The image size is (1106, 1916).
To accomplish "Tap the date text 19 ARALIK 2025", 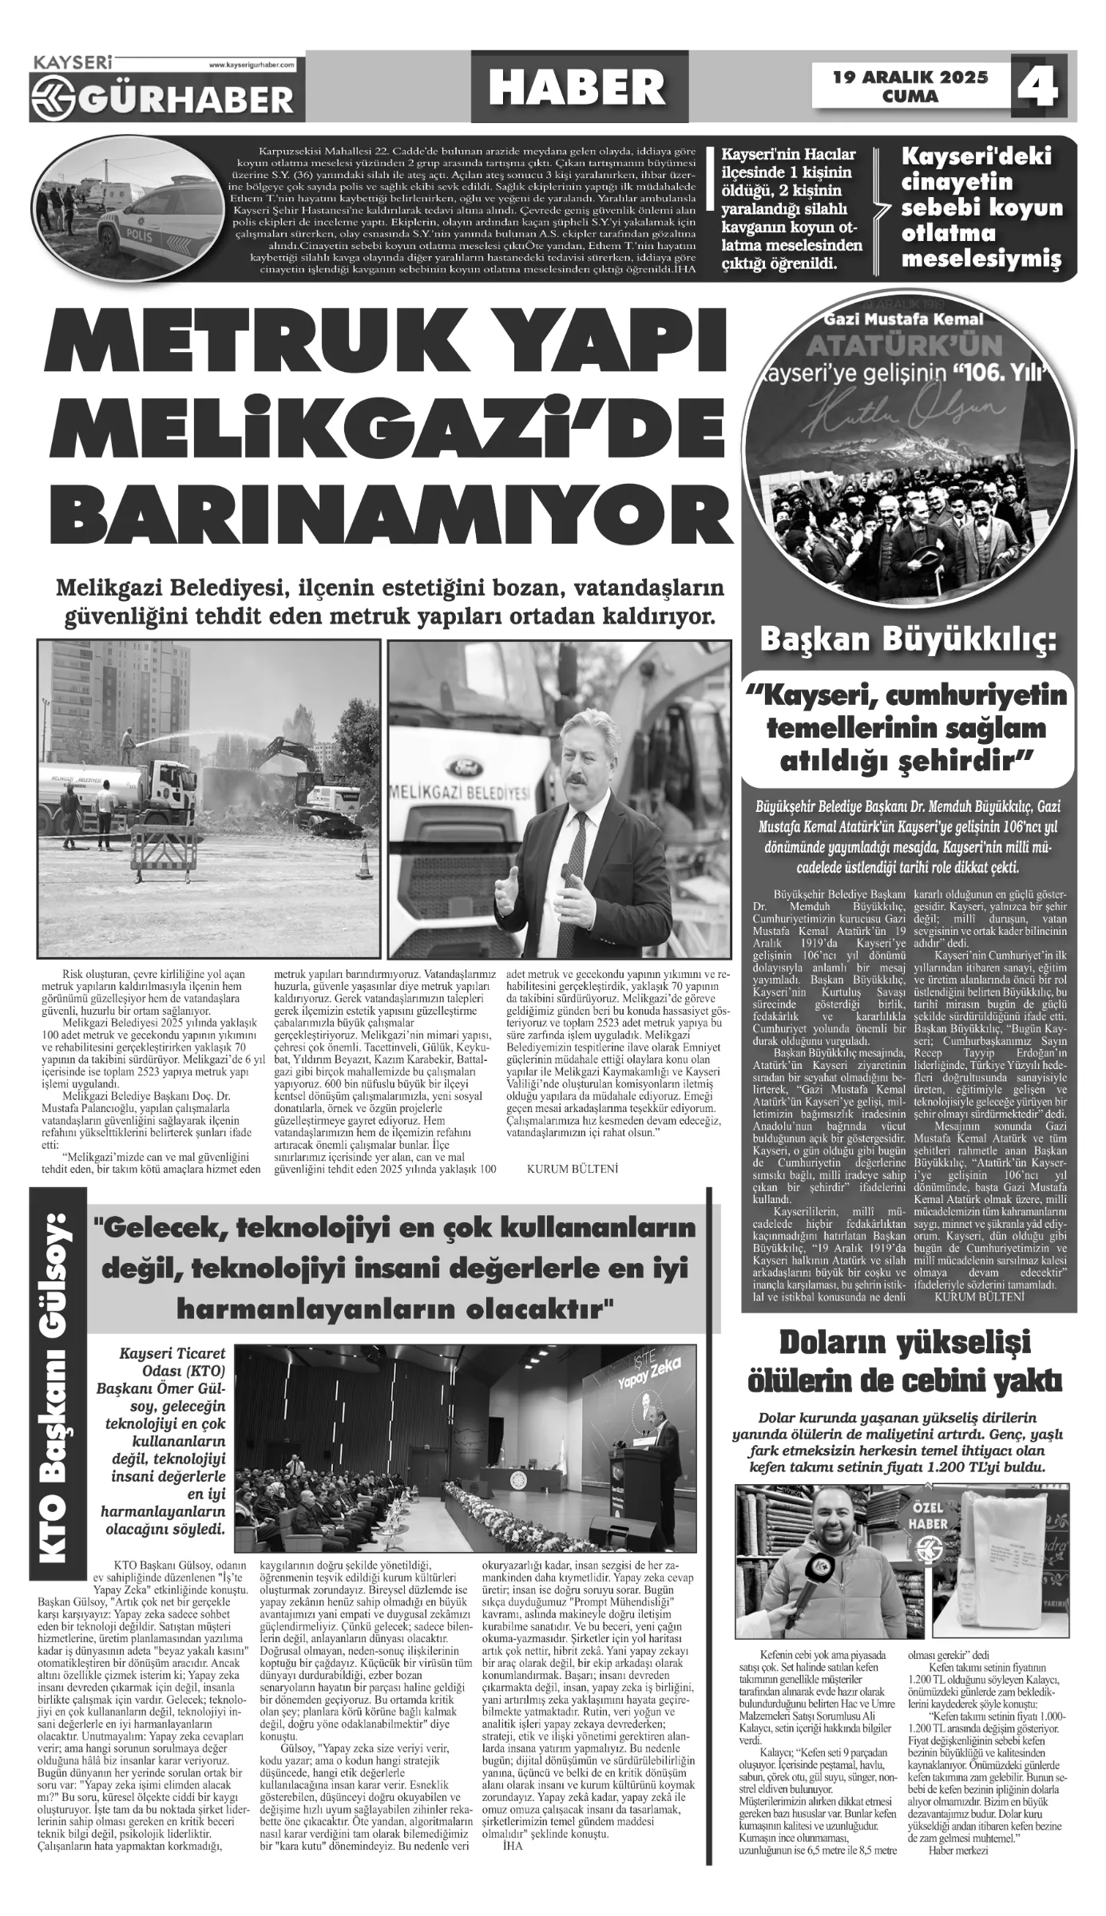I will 910,77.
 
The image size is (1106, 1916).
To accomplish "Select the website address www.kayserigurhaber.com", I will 252,64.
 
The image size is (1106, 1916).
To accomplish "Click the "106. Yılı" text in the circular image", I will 998,373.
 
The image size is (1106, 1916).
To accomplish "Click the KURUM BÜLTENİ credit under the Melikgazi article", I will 573,1169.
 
